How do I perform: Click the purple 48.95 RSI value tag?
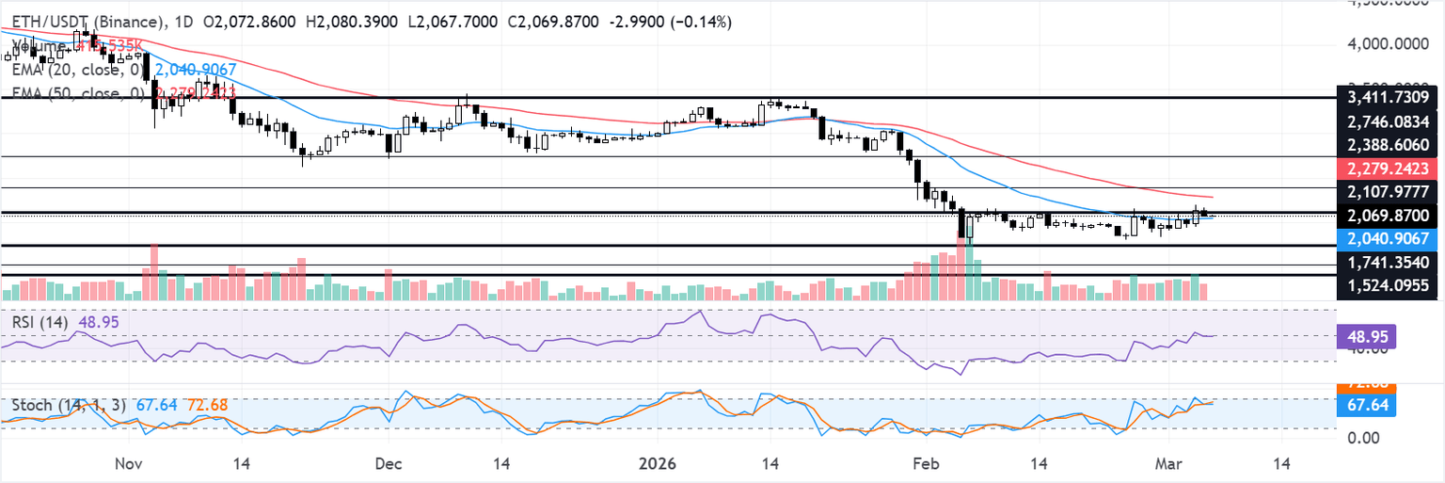(x=1369, y=336)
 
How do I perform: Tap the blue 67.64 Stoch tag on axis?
(x=1369, y=406)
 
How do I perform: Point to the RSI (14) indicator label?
(x=39, y=322)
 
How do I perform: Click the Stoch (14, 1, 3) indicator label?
(x=67, y=405)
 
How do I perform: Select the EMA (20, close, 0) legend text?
(x=76, y=70)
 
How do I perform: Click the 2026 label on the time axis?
(x=659, y=464)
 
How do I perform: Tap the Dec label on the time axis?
(x=388, y=464)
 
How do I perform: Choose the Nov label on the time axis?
(x=129, y=464)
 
